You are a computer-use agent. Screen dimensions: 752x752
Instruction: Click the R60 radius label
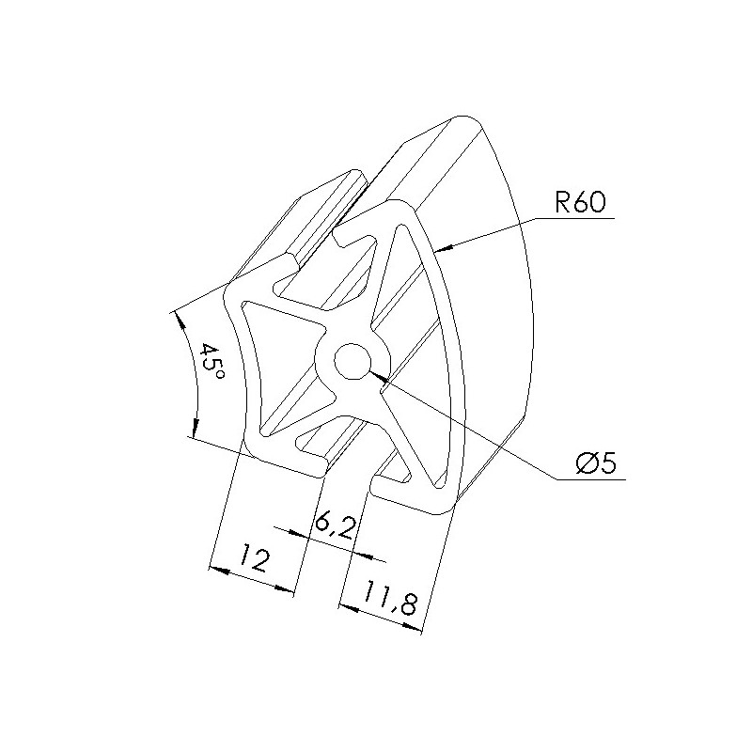coord(580,202)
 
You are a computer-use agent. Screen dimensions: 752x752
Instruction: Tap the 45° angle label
coord(210,362)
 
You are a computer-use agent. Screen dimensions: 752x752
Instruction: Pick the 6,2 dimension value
coord(336,525)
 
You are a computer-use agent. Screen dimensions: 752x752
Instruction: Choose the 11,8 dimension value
coord(389,597)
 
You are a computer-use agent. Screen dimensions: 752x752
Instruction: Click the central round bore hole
coord(352,361)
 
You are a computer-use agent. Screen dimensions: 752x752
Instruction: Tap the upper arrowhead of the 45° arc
coord(181,321)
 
